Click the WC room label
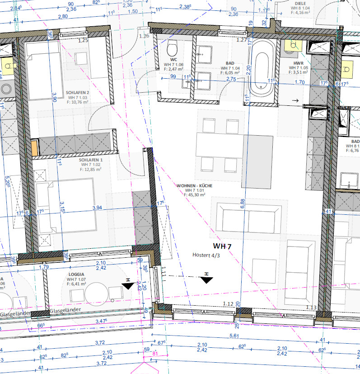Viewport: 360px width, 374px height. point(173,59)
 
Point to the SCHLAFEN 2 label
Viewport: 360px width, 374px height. point(77,92)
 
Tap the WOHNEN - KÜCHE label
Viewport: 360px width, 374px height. point(195,185)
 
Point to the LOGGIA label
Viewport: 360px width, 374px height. point(77,274)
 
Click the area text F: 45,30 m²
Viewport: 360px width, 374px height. point(195,195)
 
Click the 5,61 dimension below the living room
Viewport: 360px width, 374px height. point(234,336)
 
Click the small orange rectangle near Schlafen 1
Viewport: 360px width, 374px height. point(35,148)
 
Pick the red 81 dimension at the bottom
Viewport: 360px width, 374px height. point(155,354)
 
